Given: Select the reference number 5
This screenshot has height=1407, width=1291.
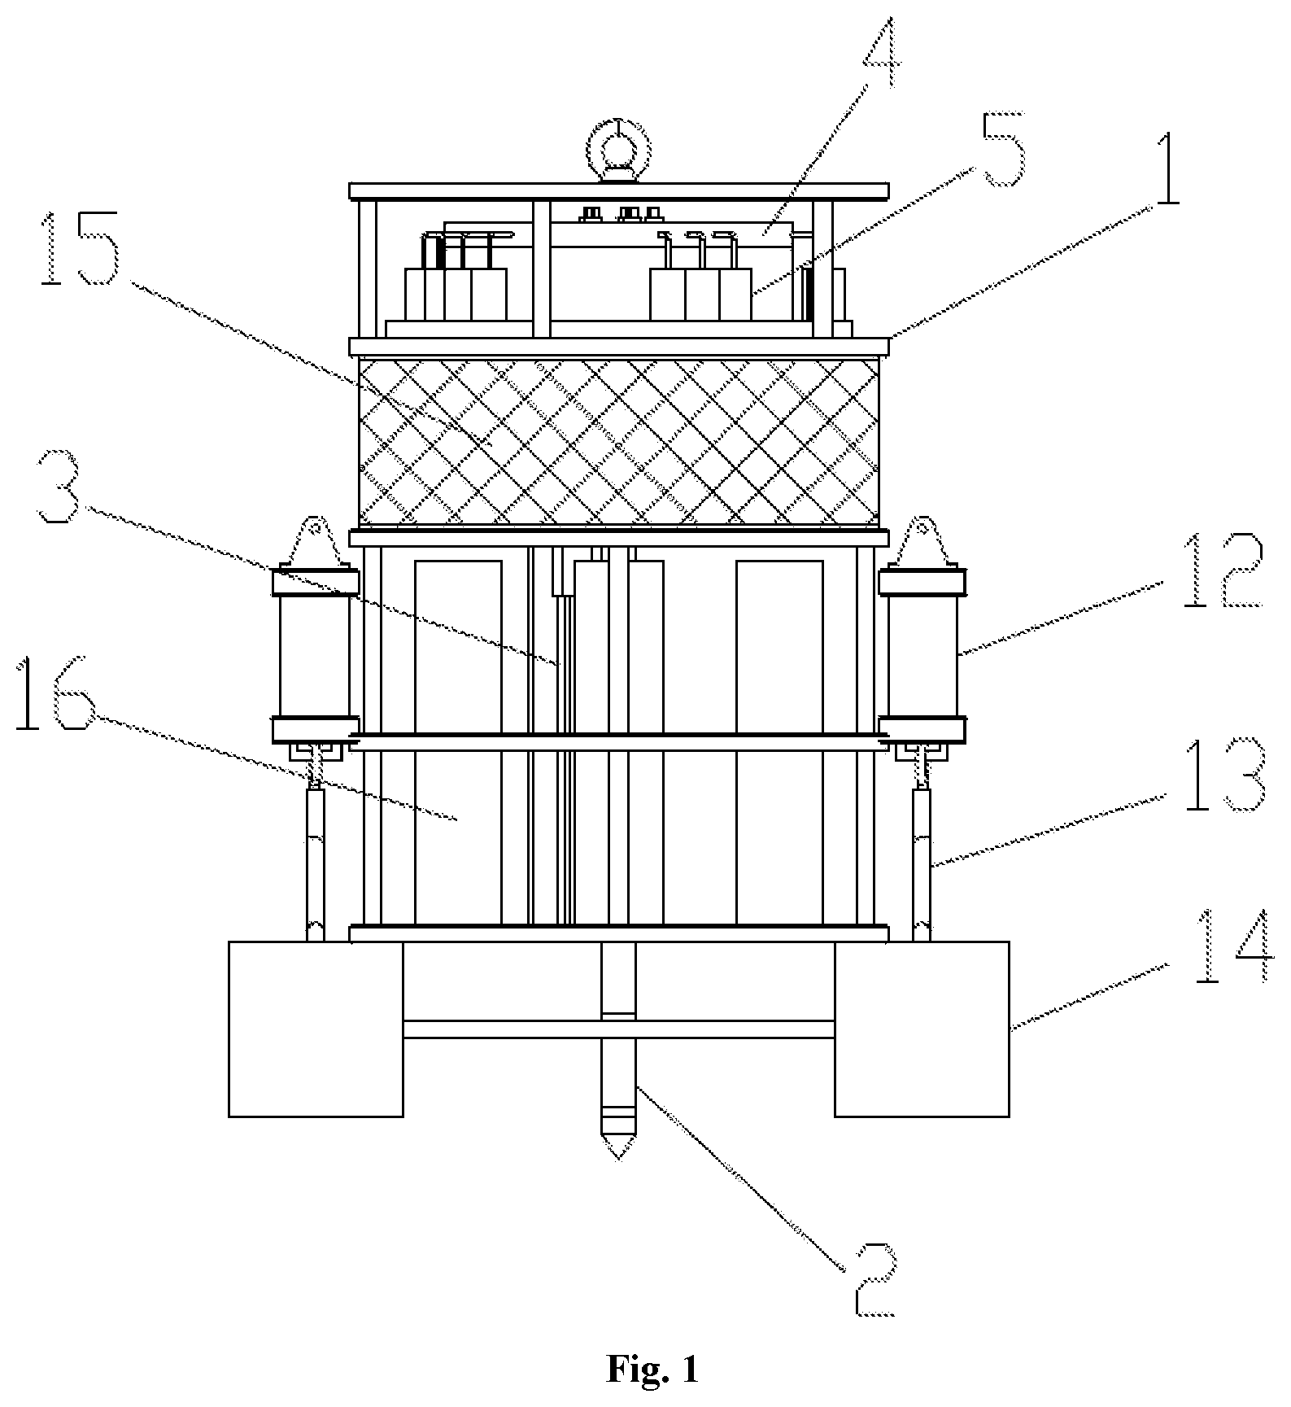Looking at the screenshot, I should [998, 150].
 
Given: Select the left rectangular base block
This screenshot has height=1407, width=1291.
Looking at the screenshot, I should [316, 1029].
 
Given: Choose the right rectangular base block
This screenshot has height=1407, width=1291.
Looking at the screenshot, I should [922, 1029].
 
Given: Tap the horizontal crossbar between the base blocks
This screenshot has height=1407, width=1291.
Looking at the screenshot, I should [618, 1029].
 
